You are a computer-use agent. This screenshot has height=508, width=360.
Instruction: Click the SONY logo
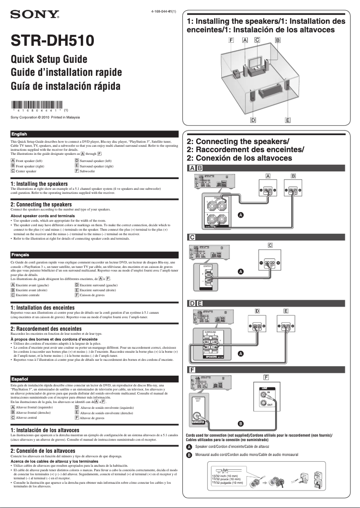[x=35, y=15]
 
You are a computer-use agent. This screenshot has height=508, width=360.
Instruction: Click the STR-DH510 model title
[x=53, y=41]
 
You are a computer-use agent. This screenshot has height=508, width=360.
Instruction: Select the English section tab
[x=19, y=134]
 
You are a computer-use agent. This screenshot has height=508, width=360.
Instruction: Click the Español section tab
[x=20, y=379]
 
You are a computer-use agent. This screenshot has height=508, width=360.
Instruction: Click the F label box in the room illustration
[x=232, y=40]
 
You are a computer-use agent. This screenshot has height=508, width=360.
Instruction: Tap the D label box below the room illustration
[x=253, y=120]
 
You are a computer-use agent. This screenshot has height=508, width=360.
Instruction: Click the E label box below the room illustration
[x=288, y=120]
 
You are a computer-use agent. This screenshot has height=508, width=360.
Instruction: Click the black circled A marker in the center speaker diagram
[x=241, y=272]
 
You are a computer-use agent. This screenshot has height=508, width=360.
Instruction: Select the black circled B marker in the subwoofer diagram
[x=241, y=423]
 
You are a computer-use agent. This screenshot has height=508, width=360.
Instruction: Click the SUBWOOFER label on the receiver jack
[x=198, y=422]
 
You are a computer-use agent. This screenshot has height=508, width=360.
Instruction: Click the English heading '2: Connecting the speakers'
[x=41, y=205]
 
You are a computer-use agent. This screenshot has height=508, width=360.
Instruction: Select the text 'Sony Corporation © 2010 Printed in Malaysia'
[x=45, y=118]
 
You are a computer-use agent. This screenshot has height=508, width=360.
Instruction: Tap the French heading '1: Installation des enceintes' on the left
[x=42, y=308]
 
